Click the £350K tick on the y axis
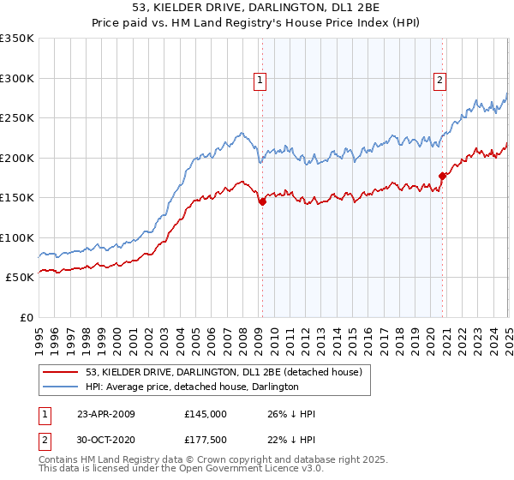tap(17, 39)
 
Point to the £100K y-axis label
tap(17, 237)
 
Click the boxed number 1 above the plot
tap(259, 81)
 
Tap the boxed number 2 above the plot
tap(439, 81)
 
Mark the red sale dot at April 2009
tap(262, 202)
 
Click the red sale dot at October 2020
tap(443, 177)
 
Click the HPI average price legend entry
tap(192, 387)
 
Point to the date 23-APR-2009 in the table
tap(106, 414)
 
